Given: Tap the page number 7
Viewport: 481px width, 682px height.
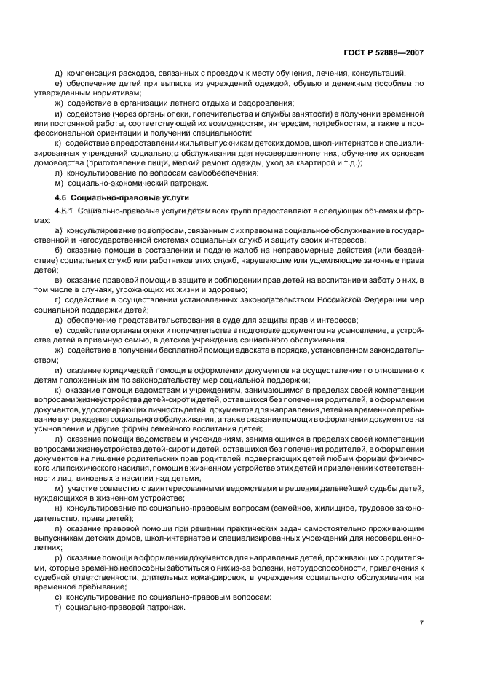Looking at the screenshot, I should click(421, 622).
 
